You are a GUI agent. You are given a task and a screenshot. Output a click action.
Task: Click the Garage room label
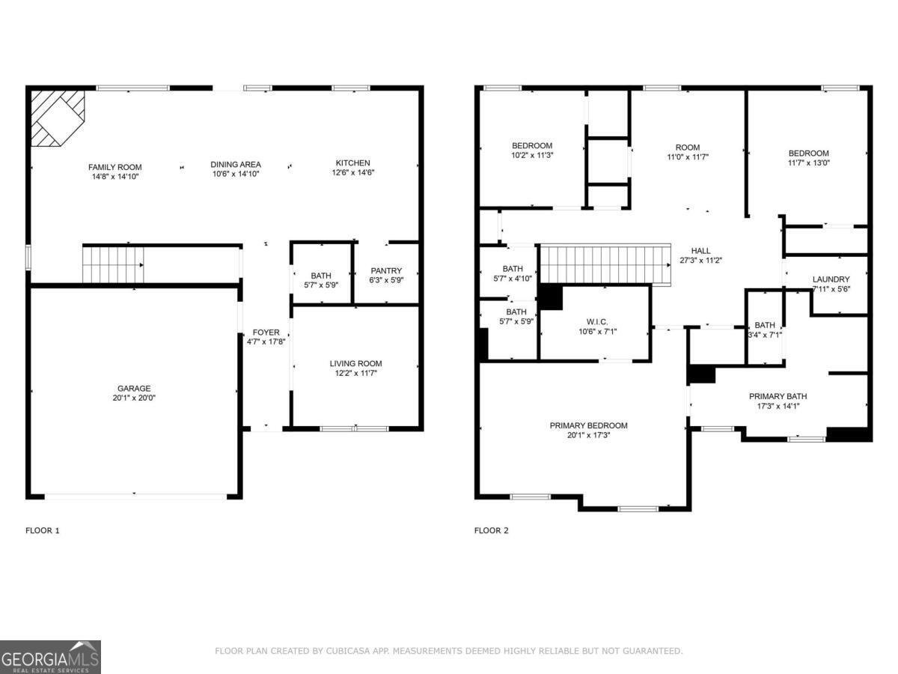point(134,388)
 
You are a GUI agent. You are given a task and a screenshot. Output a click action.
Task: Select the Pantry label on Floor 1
point(386,271)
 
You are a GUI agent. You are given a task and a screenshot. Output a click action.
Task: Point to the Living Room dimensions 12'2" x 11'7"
point(355,372)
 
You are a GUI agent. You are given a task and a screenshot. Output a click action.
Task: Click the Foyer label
point(266,332)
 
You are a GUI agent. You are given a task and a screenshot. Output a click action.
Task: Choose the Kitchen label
point(352,163)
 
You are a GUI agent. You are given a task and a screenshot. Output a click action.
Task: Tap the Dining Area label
point(235,164)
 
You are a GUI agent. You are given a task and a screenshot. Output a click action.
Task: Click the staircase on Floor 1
point(113,264)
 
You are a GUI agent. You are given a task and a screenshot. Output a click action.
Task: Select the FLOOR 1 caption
point(43,530)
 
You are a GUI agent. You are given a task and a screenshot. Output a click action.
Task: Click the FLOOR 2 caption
point(491,530)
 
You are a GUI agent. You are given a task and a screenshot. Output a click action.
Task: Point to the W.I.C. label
point(597,321)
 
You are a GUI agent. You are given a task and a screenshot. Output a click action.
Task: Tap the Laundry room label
point(831,279)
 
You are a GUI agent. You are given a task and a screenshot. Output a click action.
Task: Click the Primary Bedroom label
point(588,425)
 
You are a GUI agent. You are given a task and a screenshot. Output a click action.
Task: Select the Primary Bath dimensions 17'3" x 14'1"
point(778,406)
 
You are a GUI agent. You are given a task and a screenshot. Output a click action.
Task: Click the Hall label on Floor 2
point(700,251)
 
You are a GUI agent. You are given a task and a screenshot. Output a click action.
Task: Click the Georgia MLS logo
point(50,657)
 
